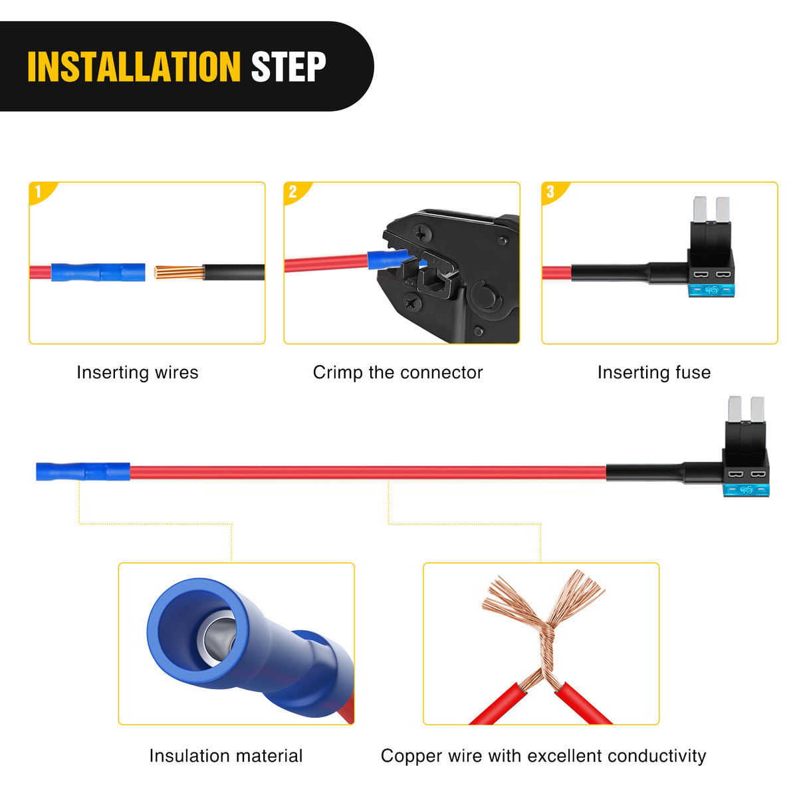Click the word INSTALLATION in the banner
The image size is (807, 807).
[x=134, y=66]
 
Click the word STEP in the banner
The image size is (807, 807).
[x=288, y=66]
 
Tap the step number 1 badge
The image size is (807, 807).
[x=42, y=192]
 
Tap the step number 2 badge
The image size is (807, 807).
[x=296, y=192]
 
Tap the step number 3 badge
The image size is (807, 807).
[x=554, y=192]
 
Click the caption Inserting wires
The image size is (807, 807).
[x=138, y=372]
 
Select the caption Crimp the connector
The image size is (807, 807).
[x=398, y=372]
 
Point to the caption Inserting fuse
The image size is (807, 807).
[x=653, y=372]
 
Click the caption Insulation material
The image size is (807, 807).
[x=226, y=756]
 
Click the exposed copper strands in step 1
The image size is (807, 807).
[x=179, y=272]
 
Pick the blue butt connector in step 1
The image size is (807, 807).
[x=98, y=272]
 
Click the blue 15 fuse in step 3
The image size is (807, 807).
[x=711, y=290]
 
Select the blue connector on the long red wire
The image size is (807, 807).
[x=83, y=471]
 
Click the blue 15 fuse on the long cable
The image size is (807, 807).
[x=747, y=489]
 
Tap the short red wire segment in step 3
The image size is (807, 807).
[x=556, y=273]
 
